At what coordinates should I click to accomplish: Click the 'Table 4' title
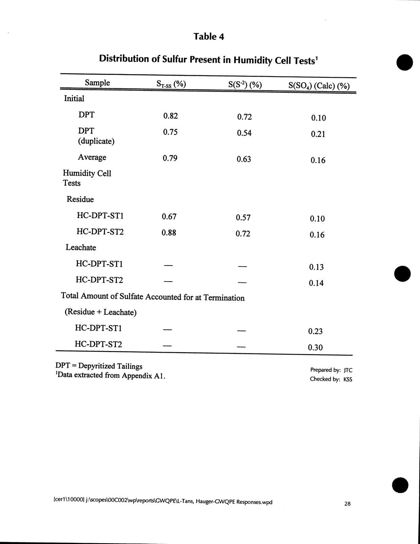(x=209, y=37)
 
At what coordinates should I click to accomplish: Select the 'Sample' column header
(x=97, y=83)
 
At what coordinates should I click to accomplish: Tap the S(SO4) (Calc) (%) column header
(x=319, y=86)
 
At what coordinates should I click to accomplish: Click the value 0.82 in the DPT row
(x=170, y=116)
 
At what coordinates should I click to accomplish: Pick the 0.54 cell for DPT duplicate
(x=244, y=133)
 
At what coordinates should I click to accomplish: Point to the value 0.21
(x=318, y=134)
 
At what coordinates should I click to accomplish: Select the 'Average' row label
(x=92, y=157)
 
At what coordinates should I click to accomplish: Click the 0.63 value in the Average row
(x=244, y=159)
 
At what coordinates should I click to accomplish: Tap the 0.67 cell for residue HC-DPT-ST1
(x=169, y=216)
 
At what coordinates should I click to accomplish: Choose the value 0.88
(x=169, y=233)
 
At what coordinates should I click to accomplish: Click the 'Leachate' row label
(x=81, y=247)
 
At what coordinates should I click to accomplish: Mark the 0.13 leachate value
(x=316, y=267)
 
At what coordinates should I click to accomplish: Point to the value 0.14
(x=316, y=283)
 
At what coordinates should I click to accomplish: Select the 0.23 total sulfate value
(x=315, y=331)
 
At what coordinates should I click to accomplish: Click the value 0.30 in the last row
(x=315, y=348)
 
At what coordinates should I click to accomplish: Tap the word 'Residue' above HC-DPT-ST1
(x=80, y=199)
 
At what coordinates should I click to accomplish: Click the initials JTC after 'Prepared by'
(x=348, y=370)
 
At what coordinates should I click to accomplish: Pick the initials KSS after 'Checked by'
(x=348, y=379)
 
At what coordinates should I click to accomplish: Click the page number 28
(x=347, y=503)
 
